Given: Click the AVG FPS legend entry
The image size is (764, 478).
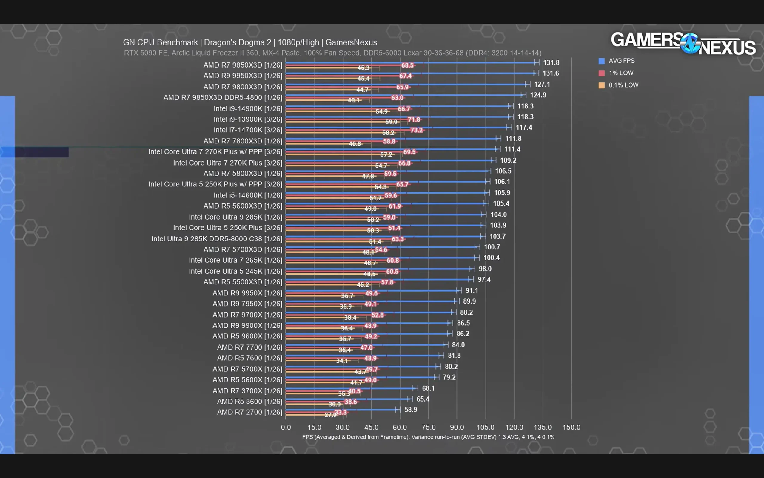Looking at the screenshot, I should point(621,61).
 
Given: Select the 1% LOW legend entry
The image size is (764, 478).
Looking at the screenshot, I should point(620,73).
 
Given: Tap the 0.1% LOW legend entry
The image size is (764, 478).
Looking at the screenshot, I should point(623,85).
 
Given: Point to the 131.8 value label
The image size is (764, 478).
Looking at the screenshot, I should point(551,63).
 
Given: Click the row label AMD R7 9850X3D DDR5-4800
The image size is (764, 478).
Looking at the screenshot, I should point(223,98).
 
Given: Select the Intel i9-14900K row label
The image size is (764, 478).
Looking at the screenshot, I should point(247,109).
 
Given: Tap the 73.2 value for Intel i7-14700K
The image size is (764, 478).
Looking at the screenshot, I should point(416,130).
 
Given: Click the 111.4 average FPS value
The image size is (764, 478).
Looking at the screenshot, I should point(512,149).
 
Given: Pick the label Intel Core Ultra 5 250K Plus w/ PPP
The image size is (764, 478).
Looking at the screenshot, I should point(215,184).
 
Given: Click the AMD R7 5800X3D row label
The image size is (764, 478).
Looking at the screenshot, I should point(242,174).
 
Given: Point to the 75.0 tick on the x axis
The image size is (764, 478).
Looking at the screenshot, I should point(428,428).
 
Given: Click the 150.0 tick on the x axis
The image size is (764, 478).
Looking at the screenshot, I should point(571,428).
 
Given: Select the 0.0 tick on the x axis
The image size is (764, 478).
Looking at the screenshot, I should point(286,428).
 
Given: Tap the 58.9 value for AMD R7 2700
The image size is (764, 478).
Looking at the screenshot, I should point(410,410).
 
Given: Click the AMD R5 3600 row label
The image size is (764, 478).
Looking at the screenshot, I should point(249,402).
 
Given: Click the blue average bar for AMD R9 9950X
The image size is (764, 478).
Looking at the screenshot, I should point(372,290).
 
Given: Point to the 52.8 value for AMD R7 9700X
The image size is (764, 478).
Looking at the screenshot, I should point(377,315).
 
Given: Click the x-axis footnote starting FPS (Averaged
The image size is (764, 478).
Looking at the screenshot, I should point(428,437).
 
